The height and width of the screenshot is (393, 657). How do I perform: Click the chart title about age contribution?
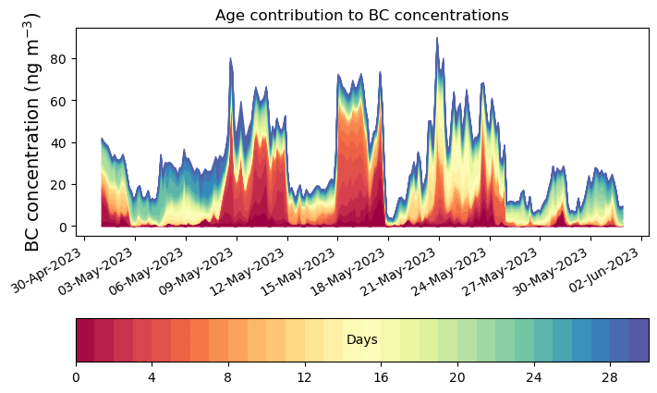[361, 15]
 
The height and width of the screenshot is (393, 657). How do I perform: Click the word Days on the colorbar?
[361, 340]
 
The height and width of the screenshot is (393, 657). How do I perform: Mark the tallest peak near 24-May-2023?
[437, 39]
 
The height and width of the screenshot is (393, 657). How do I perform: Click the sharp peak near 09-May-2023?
[230, 59]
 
